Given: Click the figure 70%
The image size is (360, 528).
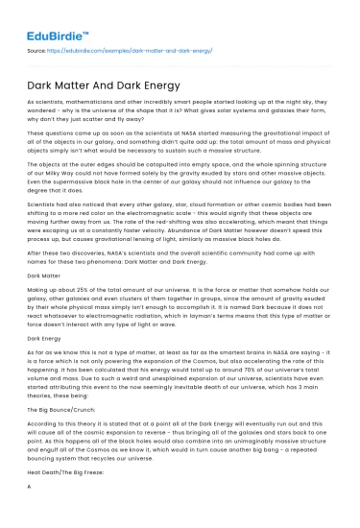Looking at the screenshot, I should tap(256, 385).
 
